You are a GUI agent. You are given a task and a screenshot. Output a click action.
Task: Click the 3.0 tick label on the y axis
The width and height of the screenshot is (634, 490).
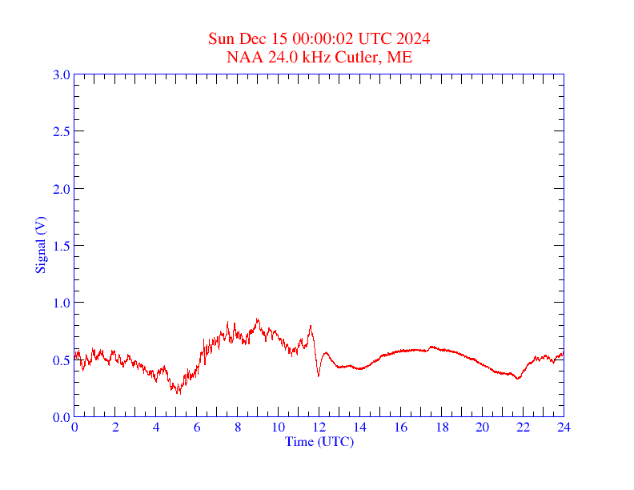tap(61, 74)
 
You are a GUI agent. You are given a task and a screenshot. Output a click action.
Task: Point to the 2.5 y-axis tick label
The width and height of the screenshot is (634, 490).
tap(61, 131)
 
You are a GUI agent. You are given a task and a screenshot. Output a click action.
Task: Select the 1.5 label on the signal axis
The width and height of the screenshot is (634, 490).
tap(61, 246)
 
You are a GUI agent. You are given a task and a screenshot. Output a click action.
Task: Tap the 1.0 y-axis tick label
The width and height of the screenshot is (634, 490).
tap(61, 303)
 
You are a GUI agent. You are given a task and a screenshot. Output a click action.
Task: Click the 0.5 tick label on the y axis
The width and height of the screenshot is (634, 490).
tap(61, 360)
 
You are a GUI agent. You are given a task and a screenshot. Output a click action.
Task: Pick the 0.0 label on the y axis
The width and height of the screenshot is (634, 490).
tap(61, 417)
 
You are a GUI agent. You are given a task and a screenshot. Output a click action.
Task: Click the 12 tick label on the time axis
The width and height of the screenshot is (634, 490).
tap(319, 428)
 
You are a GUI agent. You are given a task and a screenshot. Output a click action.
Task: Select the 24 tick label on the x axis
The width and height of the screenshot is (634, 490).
tap(564, 428)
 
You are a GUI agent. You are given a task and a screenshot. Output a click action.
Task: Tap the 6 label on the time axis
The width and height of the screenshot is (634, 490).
tap(197, 428)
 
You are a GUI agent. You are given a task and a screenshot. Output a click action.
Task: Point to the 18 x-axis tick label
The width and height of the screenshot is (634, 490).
tap(441, 428)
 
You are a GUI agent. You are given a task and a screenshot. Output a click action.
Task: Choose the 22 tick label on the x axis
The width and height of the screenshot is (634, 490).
tap(523, 428)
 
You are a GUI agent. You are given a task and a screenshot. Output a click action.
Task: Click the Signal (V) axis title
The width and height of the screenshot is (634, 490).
tap(40, 245)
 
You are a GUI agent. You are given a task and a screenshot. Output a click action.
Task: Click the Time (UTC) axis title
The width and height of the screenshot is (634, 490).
tap(319, 441)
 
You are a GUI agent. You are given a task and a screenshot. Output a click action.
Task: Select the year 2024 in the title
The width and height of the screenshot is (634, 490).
tap(414, 38)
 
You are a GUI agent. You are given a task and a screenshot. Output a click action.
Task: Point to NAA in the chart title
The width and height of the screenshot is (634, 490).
tap(242, 57)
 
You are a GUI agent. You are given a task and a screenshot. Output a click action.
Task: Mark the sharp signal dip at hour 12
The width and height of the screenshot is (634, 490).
tap(319, 376)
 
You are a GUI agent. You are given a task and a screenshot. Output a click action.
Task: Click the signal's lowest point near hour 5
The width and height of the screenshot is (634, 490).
tap(179, 393)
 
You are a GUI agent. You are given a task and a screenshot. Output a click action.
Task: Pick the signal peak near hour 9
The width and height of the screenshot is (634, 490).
tap(258, 319)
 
